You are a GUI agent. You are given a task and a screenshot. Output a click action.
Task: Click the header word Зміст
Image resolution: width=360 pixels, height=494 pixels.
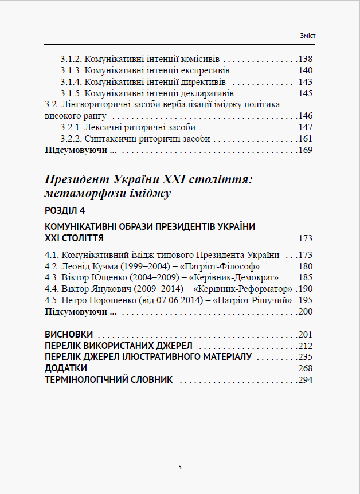(x=307, y=36)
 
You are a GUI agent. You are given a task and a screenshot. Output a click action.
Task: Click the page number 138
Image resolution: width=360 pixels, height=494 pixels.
(x=306, y=59)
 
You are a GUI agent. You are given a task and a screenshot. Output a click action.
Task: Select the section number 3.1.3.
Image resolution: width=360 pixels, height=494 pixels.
(x=71, y=70)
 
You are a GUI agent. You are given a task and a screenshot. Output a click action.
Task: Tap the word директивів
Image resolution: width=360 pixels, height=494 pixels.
(x=190, y=82)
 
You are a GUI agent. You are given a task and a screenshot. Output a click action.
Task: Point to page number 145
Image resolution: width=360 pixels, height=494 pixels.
(x=306, y=93)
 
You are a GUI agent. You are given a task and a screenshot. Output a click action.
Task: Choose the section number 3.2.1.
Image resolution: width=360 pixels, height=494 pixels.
(x=71, y=127)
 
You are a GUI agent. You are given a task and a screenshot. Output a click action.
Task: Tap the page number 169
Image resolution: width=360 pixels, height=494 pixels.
(x=306, y=150)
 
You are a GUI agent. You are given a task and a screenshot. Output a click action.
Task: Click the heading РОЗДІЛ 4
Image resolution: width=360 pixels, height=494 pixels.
(x=64, y=210)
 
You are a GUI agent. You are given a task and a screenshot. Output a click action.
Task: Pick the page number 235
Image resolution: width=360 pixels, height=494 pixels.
(x=306, y=357)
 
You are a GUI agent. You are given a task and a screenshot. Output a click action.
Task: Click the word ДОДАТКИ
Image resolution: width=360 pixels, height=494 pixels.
(x=66, y=368)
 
